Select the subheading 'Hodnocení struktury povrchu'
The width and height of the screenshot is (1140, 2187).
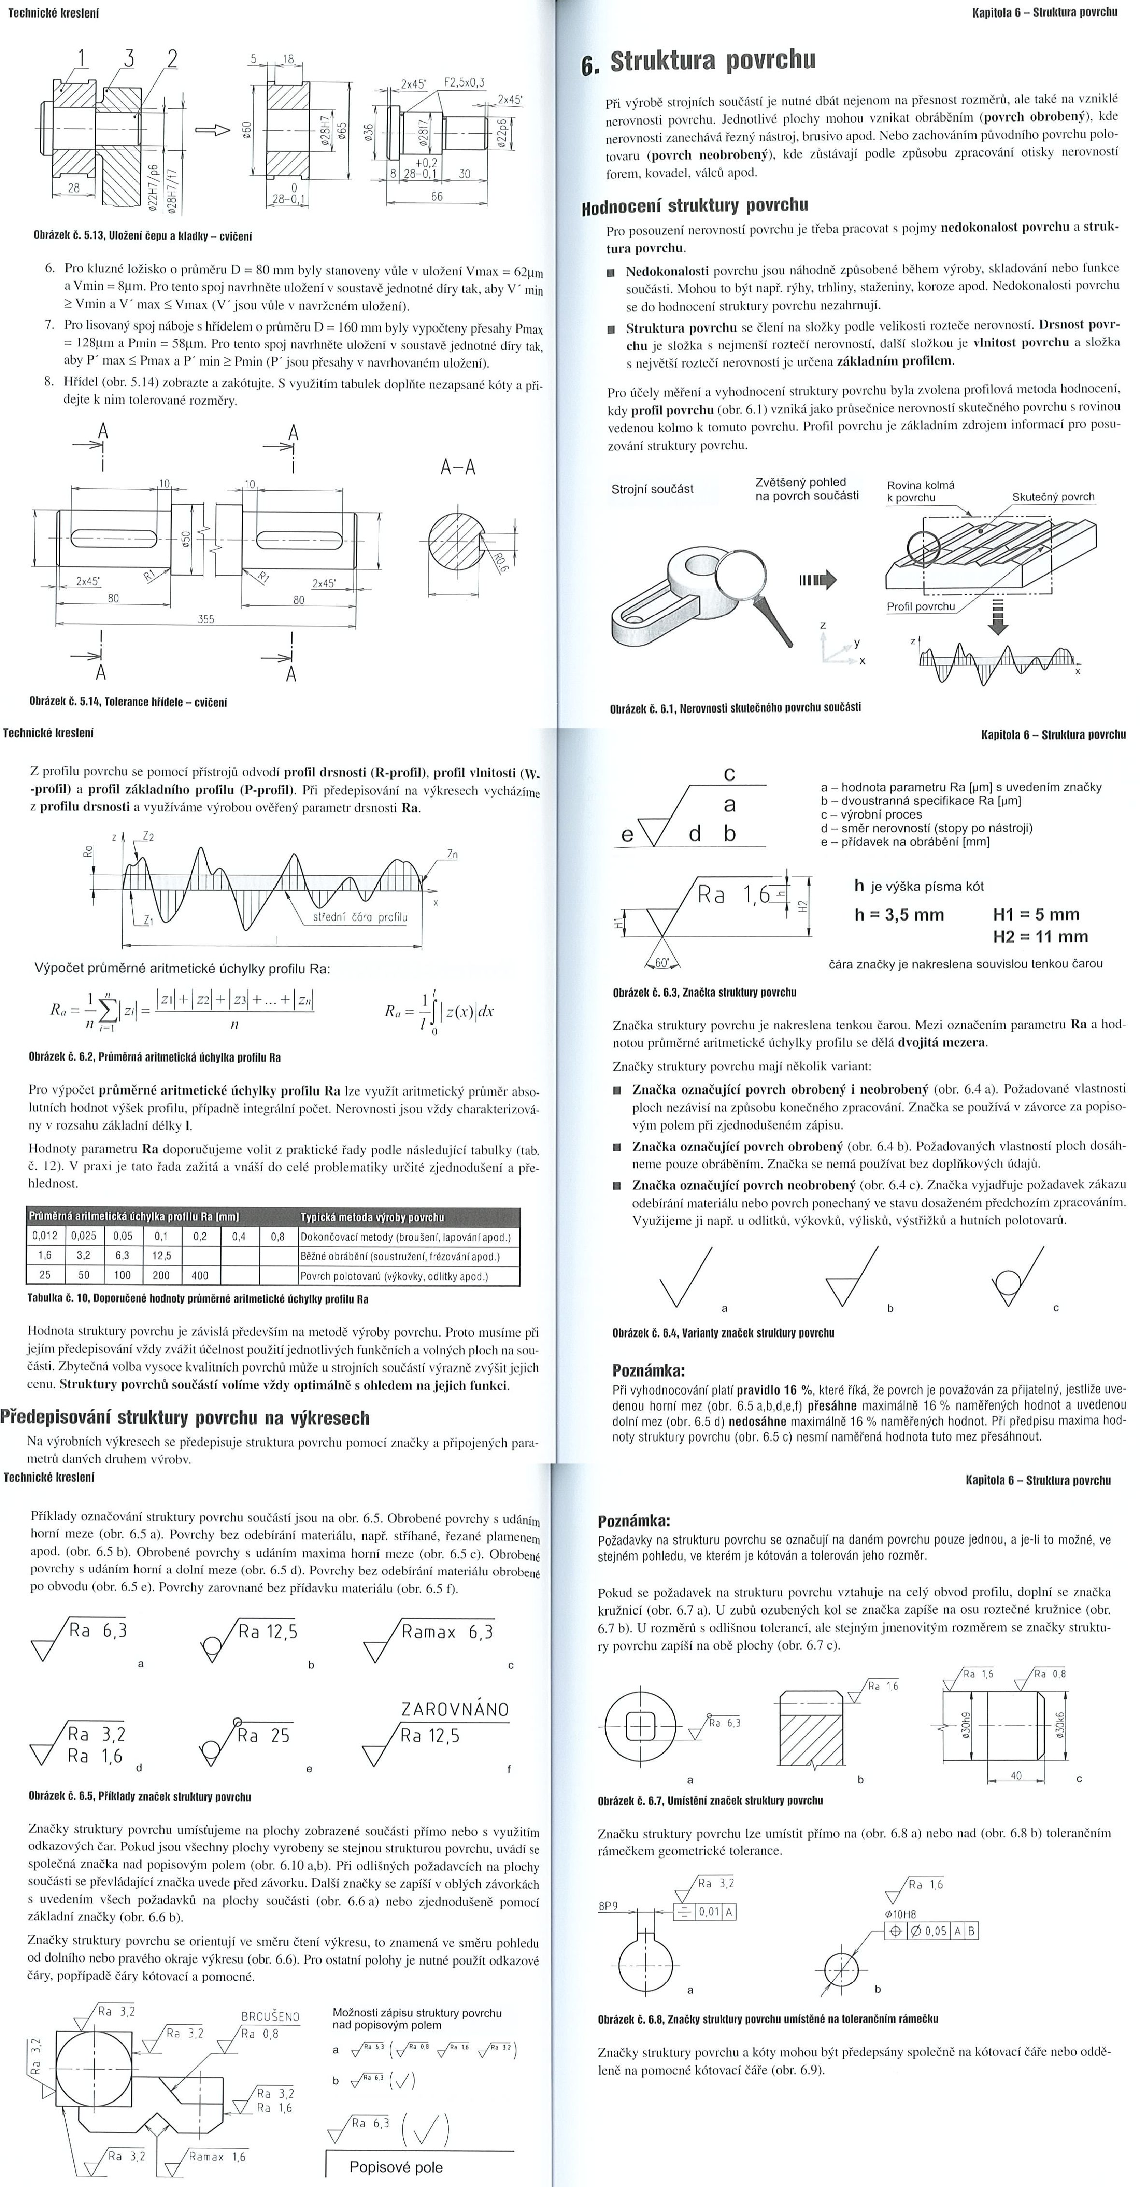click(x=694, y=206)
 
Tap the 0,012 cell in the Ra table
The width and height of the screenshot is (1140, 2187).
click(x=45, y=1236)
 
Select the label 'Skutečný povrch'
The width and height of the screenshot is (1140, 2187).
click(x=1053, y=497)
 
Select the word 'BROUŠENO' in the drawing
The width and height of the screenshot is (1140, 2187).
click(x=270, y=2017)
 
